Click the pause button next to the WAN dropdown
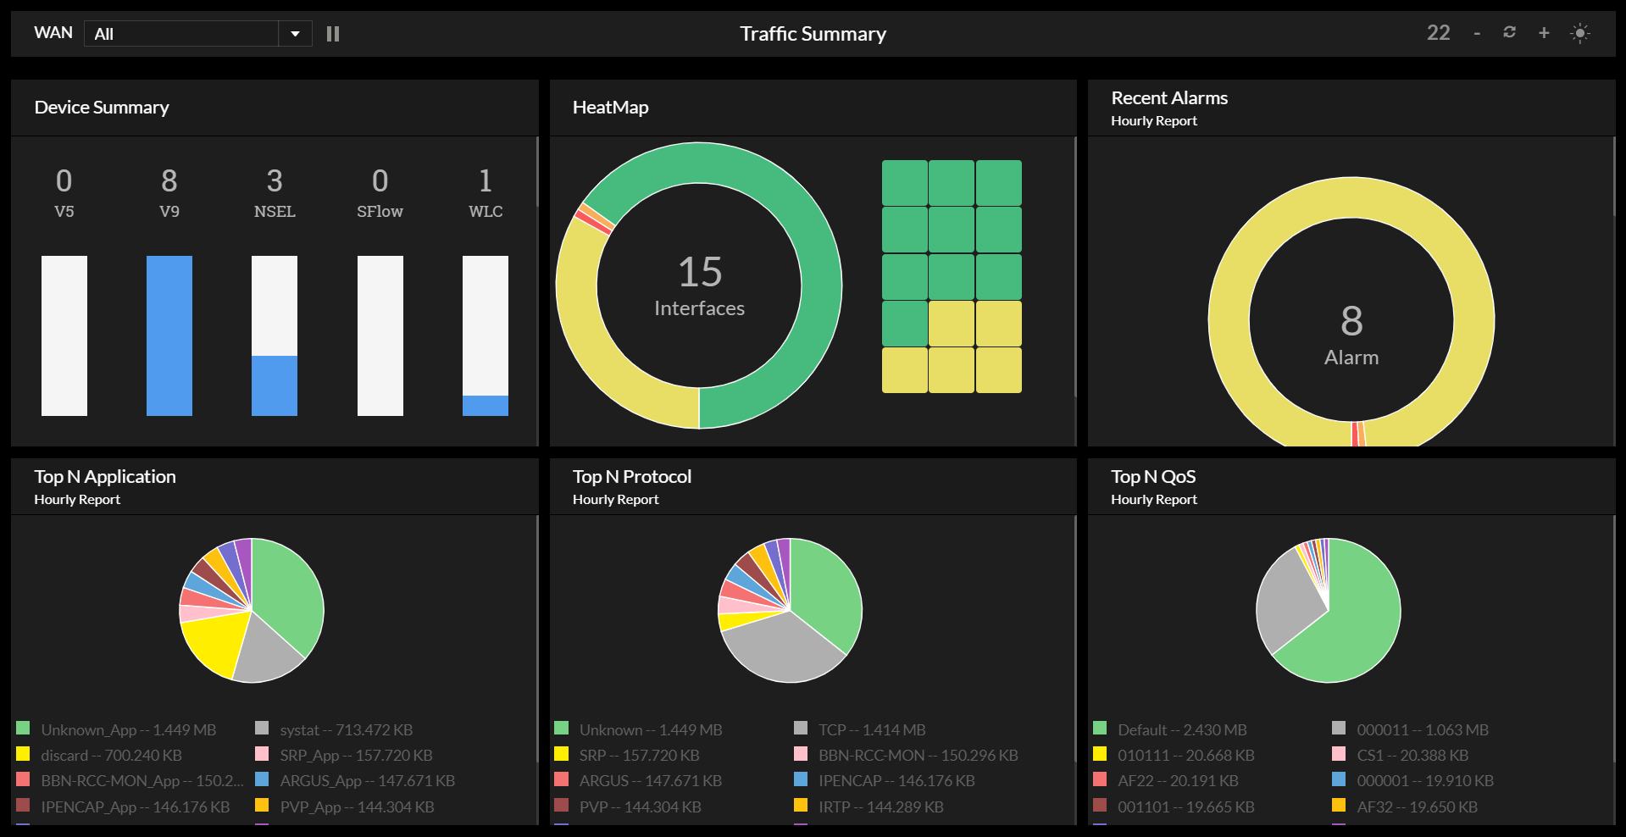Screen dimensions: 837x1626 [333, 34]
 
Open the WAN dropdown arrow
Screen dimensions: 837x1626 [295, 34]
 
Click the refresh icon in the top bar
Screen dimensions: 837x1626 [1509, 32]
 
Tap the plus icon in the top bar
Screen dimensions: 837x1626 [1544, 33]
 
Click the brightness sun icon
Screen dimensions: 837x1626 [1580, 33]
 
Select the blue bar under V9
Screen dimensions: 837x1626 [169, 335]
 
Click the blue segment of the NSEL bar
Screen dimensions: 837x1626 [275, 385]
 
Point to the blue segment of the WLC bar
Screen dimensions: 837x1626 [486, 406]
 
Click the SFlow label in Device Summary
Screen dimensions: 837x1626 [380, 211]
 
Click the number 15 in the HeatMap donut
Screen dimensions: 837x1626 [700, 272]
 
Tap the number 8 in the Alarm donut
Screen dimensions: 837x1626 [1351, 321]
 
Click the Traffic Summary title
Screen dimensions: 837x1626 [813, 34]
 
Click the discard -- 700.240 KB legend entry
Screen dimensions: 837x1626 [111, 755]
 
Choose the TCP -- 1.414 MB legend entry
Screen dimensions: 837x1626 [871, 729]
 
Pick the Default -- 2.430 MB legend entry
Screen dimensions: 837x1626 [1181, 729]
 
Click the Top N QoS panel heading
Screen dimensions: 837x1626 [1153, 477]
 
